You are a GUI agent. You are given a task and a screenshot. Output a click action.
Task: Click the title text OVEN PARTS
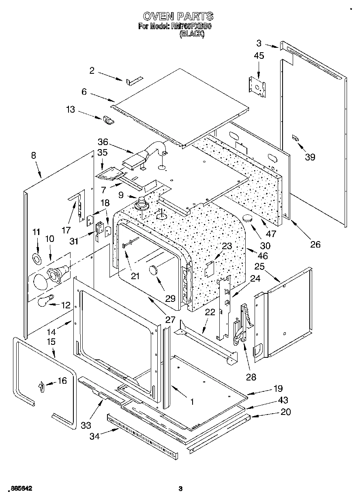pyautogui.click(x=178, y=16)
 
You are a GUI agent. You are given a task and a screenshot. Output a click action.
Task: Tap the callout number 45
pyautogui.click(x=259, y=56)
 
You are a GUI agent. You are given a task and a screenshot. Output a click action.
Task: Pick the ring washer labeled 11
pyautogui.click(x=37, y=259)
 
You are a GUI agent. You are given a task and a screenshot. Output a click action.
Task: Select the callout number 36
pyautogui.click(x=103, y=142)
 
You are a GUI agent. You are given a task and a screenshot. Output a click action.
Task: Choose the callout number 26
pyautogui.click(x=315, y=244)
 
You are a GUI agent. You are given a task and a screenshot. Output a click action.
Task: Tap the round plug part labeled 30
pyautogui.click(x=248, y=219)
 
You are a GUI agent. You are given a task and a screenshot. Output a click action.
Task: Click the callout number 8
pyautogui.click(x=33, y=155)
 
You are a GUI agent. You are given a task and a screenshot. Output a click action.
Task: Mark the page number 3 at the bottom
pyautogui.click(x=181, y=489)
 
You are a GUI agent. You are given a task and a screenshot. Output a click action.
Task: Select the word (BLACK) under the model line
pyautogui.click(x=192, y=34)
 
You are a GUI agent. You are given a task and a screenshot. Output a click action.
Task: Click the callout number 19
pyautogui.click(x=278, y=388)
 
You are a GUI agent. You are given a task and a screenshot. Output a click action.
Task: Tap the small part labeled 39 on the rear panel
pyautogui.click(x=296, y=139)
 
